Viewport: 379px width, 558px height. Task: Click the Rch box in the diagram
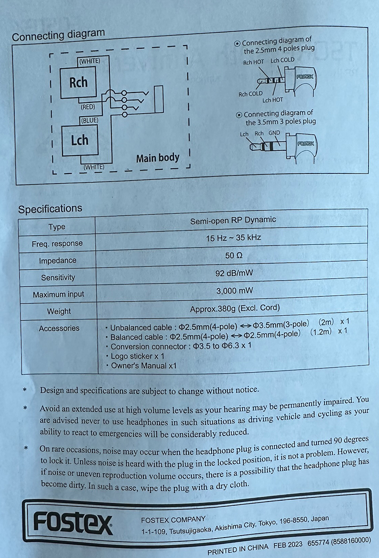click(78, 82)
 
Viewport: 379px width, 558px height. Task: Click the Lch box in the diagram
click(80, 140)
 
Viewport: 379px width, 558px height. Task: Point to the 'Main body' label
click(158, 158)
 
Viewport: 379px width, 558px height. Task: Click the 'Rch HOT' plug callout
click(253, 62)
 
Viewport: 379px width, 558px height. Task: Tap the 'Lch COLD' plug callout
click(282, 60)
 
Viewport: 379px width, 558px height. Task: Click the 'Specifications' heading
click(50, 209)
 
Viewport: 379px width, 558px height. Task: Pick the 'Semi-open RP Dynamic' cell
click(233, 220)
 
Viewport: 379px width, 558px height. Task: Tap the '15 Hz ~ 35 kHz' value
click(233, 237)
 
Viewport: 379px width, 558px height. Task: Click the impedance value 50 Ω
click(233, 256)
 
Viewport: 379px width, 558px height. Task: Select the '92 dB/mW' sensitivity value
click(233, 273)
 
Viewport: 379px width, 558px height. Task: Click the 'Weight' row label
click(59, 311)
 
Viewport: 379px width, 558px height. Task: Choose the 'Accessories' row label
click(59, 328)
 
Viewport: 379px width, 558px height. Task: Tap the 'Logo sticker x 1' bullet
click(137, 356)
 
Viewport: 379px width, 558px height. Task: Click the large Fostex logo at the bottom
click(73, 523)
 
